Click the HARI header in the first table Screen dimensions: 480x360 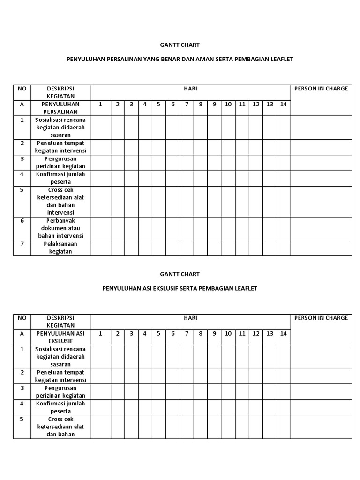pos(190,89)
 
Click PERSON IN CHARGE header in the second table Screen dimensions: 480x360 pos(321,318)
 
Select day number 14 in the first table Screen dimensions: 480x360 pos(283,104)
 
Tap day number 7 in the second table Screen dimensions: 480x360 pos(187,333)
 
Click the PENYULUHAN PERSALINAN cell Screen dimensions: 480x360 pos(60,108)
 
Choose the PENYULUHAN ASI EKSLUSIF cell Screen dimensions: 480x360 pos(60,337)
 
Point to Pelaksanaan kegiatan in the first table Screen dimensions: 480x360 pos(60,247)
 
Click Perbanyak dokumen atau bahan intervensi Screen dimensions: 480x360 pos(60,228)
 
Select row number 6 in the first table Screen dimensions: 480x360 pos(22,221)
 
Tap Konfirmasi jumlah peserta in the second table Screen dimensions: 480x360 pos(60,407)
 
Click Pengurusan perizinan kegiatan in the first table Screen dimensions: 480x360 pos(60,162)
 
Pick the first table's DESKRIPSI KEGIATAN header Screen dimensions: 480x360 pos(60,92)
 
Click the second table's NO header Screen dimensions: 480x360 pos(22,318)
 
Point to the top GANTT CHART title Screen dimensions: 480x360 pos(180,45)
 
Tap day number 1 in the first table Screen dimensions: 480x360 pos(100,104)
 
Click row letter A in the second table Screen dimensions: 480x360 pos(22,333)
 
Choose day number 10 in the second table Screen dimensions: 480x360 pos(228,333)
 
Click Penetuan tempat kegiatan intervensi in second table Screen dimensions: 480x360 pos(60,376)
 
